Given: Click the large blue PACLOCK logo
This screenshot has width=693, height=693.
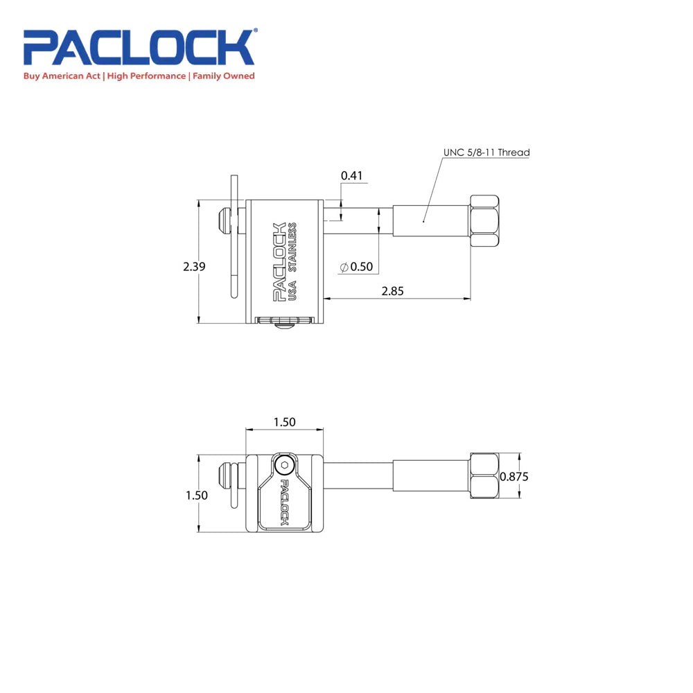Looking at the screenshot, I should [x=139, y=47].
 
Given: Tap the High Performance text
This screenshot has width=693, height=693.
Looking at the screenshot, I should [x=146, y=76].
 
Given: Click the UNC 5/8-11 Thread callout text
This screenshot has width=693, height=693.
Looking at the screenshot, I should [x=486, y=152].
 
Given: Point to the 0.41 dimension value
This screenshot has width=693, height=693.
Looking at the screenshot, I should [x=352, y=176].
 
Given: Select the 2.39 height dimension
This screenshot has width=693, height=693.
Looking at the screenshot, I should [x=194, y=266].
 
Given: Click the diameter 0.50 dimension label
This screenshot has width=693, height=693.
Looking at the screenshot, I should [x=357, y=267].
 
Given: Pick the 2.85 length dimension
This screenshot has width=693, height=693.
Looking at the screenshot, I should [x=392, y=291].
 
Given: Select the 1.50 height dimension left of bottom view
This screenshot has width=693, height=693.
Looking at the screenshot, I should [x=195, y=495].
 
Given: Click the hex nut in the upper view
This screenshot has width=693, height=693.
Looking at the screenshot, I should [x=484, y=219].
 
